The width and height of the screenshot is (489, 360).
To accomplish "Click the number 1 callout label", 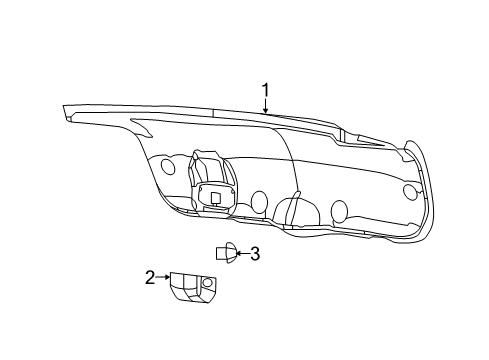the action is (x=266, y=93).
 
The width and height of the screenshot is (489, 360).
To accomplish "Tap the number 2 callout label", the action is (x=150, y=277).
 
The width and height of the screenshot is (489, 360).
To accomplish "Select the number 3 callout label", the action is (x=255, y=254).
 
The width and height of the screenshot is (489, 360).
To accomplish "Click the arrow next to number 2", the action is (x=165, y=277).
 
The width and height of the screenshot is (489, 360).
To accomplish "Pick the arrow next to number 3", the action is (x=241, y=254).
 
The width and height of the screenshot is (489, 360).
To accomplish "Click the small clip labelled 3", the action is (x=226, y=253).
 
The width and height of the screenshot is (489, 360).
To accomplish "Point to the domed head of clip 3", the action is (x=231, y=253).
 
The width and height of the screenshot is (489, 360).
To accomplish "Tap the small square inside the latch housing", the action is (x=214, y=198).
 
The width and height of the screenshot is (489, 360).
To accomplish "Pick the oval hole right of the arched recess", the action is (x=339, y=210).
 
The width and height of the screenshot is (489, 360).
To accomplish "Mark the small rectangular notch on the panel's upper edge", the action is (x=341, y=134).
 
